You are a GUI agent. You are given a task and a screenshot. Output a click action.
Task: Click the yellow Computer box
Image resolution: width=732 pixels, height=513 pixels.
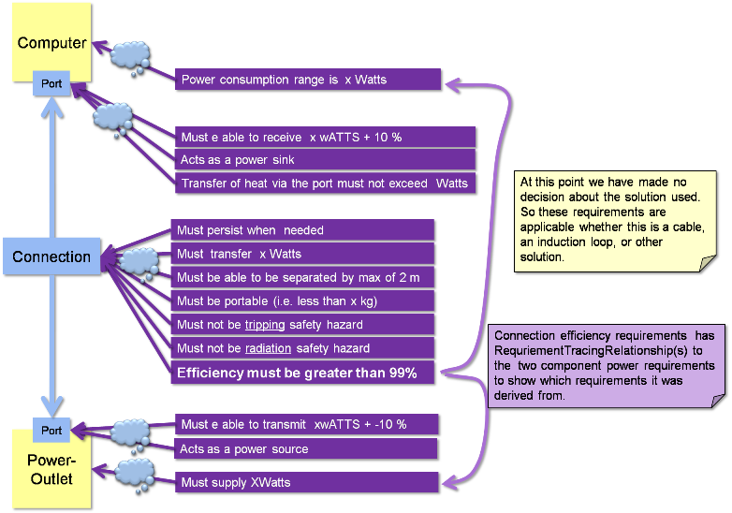coord(51,42)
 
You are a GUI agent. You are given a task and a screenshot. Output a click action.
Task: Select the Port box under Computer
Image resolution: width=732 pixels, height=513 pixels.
coord(52,83)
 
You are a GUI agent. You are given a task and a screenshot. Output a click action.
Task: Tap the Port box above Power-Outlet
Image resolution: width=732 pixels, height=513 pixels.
coord(52,431)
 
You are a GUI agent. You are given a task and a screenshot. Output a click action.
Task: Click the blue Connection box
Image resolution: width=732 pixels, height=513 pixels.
coord(51,256)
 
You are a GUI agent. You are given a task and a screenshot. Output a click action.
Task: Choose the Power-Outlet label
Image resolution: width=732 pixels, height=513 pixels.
coord(51,470)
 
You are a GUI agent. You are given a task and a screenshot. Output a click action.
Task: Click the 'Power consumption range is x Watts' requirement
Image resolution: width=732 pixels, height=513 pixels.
coord(307,80)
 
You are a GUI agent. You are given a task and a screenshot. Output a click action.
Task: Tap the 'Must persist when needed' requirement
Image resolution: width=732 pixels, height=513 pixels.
coord(302,230)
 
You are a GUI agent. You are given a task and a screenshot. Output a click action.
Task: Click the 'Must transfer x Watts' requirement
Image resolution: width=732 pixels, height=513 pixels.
coord(302,254)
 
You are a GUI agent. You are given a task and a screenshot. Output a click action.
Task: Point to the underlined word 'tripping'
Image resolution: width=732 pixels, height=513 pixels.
coord(265,325)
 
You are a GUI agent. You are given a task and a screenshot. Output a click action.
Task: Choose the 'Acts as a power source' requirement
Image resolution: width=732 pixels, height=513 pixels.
coord(306,449)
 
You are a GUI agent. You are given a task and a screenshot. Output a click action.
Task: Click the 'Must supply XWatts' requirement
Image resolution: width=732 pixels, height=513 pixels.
coord(306,482)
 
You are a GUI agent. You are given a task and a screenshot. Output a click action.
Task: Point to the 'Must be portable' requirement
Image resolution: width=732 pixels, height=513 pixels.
coord(302,300)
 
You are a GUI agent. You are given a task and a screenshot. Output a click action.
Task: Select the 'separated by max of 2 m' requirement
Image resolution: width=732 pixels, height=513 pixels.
coord(302,277)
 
